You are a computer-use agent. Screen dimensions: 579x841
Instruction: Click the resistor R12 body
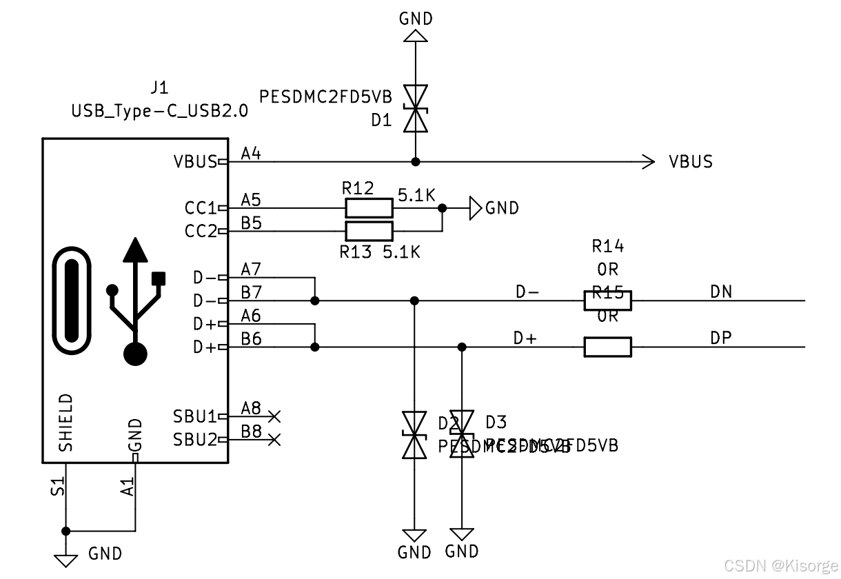tap(369, 207)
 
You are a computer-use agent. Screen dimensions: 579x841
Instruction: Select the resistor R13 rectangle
tap(369, 231)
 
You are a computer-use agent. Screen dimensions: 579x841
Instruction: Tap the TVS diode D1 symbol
tap(415, 108)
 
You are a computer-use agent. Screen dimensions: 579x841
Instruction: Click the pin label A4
tap(251, 154)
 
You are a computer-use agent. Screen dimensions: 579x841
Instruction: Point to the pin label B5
tap(251, 223)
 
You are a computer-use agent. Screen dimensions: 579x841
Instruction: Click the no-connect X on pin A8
tap(274, 416)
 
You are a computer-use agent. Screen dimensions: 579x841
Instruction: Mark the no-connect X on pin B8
tap(274, 439)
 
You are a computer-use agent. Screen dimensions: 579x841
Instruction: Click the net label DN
tap(721, 292)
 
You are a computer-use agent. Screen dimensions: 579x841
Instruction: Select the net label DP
tap(721, 338)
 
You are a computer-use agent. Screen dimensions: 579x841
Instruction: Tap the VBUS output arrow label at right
tap(690, 162)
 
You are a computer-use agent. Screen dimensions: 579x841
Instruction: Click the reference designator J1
tap(159, 88)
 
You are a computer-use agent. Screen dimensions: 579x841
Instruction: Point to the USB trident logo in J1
tap(135, 301)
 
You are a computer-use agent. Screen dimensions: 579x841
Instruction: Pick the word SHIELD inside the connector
tap(66, 422)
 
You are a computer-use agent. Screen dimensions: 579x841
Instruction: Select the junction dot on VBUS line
tap(415, 162)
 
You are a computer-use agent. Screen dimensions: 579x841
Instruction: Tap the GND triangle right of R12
tap(476, 207)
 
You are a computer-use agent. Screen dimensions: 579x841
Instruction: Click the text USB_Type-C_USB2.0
tap(159, 111)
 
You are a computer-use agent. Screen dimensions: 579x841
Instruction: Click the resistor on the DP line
tap(607, 347)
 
